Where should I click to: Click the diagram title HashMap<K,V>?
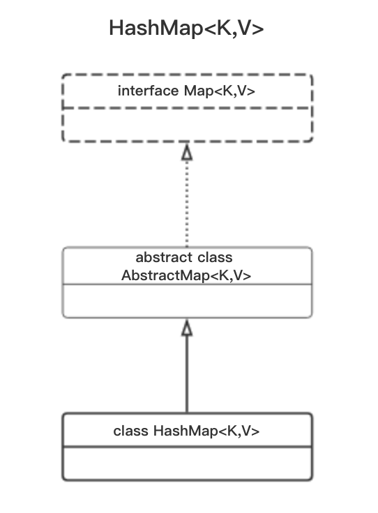tap(186, 29)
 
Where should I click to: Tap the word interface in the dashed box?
tap(149, 91)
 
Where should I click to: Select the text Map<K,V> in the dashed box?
tap(219, 91)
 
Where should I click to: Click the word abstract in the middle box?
tap(164, 257)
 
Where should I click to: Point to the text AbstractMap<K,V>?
tap(186, 275)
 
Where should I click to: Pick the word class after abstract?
tap(215, 257)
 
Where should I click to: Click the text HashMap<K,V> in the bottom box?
tap(206, 431)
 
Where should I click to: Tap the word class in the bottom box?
tap(130, 431)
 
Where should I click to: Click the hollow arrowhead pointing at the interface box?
tap(187, 152)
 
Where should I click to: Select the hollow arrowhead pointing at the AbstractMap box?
tap(187, 328)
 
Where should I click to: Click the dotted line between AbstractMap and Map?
tap(187, 204)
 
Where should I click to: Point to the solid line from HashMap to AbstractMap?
tap(187, 374)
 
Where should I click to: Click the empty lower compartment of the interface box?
tap(187, 124)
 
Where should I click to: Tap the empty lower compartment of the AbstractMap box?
tap(187, 300)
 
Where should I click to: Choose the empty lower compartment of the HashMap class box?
tap(187, 463)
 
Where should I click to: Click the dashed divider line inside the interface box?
tap(187, 107)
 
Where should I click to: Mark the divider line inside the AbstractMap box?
tap(187, 284)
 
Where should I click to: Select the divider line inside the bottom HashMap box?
tap(187, 446)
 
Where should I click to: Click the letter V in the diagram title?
tap(245, 28)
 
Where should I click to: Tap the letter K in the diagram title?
tap(224, 28)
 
